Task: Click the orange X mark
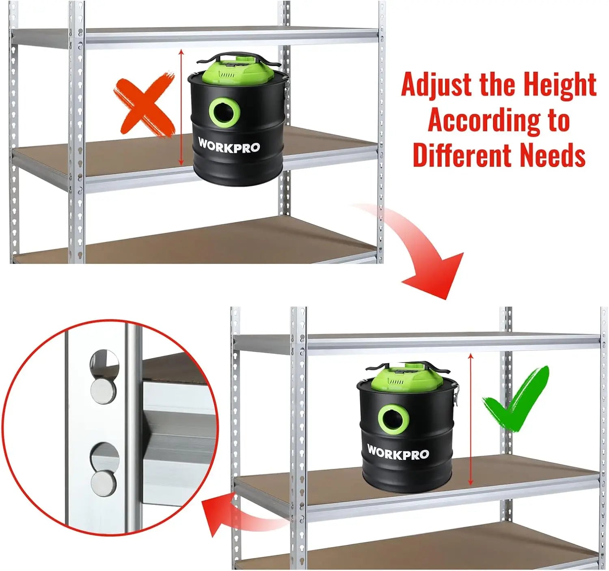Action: (x=144, y=105)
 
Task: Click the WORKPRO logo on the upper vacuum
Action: (x=229, y=146)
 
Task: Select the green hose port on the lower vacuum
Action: (x=393, y=418)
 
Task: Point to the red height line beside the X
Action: (x=181, y=107)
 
